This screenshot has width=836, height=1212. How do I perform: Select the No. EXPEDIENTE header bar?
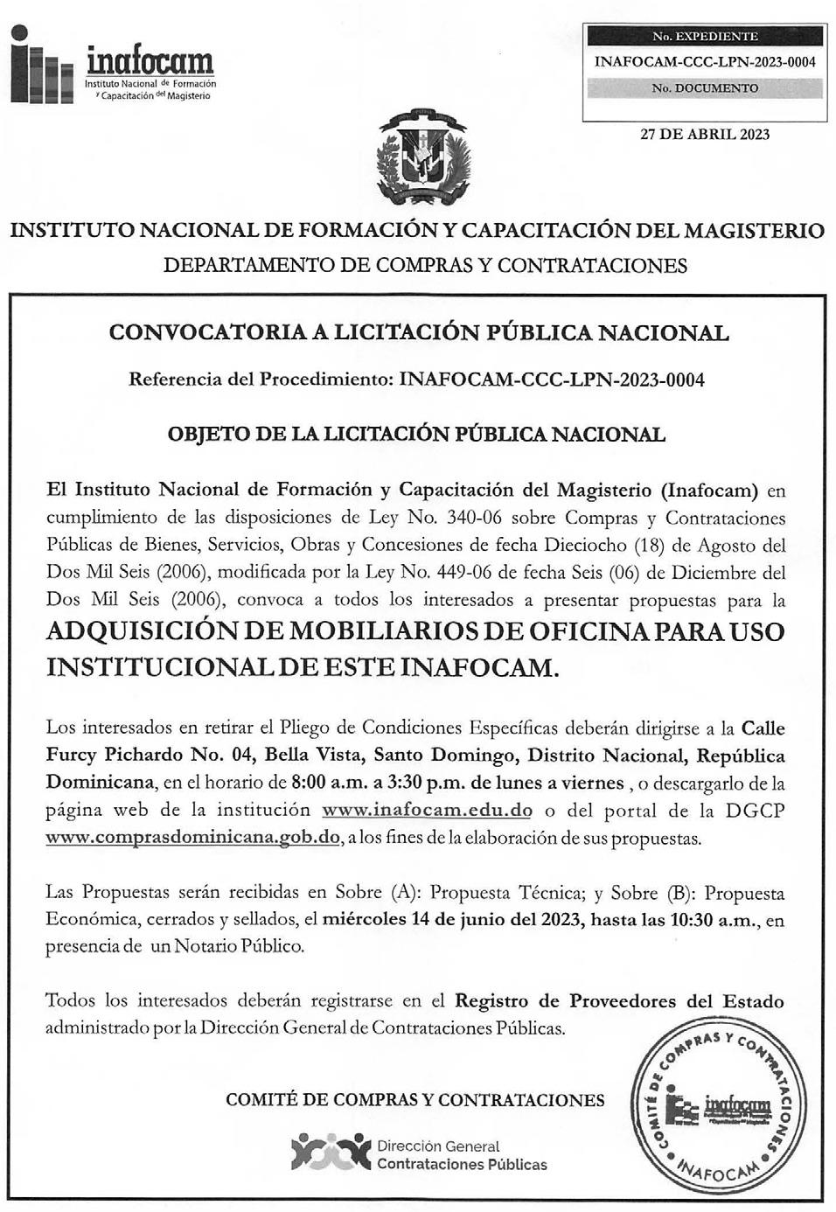(x=705, y=37)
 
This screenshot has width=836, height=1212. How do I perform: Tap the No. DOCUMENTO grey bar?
(x=705, y=88)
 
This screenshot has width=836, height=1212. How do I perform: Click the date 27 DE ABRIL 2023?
(x=705, y=135)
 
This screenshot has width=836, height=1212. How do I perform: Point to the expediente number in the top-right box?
(x=705, y=62)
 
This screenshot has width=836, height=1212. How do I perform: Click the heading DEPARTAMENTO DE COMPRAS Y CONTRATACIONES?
(x=425, y=265)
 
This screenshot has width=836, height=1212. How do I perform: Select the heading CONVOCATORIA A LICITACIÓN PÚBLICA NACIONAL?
(x=418, y=333)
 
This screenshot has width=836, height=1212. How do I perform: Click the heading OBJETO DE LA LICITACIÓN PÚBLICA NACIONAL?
(x=417, y=435)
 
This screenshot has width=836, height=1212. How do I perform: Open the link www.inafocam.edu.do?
(x=427, y=810)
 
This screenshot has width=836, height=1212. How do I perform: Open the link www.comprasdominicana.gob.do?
(x=192, y=837)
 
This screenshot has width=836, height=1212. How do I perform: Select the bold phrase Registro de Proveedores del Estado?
(x=620, y=1001)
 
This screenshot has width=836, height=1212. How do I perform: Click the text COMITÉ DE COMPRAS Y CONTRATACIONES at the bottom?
(x=415, y=1100)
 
